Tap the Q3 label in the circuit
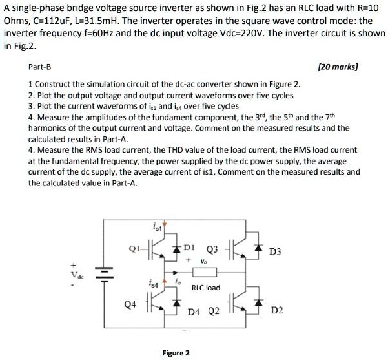[x=210, y=249]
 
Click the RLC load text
[x=207, y=288]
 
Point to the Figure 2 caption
[x=176, y=353]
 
